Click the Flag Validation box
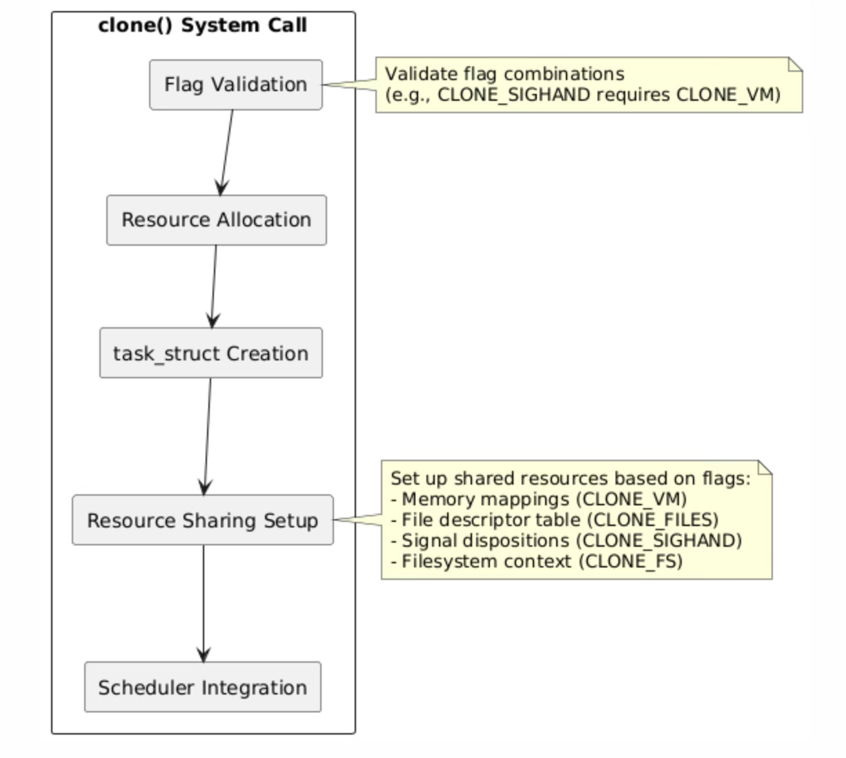(235, 85)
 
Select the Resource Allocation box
(216, 220)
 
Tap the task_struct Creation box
(210, 353)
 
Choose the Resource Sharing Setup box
(202, 521)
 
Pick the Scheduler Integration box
(202, 688)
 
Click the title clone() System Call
(202, 26)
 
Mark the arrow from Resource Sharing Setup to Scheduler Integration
(203, 603)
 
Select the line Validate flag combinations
(504, 74)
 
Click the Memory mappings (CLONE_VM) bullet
(538, 499)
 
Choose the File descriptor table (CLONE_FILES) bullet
(554, 520)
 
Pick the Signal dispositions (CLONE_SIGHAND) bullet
(566, 541)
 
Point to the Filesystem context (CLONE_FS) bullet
(536, 561)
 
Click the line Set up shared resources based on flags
(570, 478)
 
